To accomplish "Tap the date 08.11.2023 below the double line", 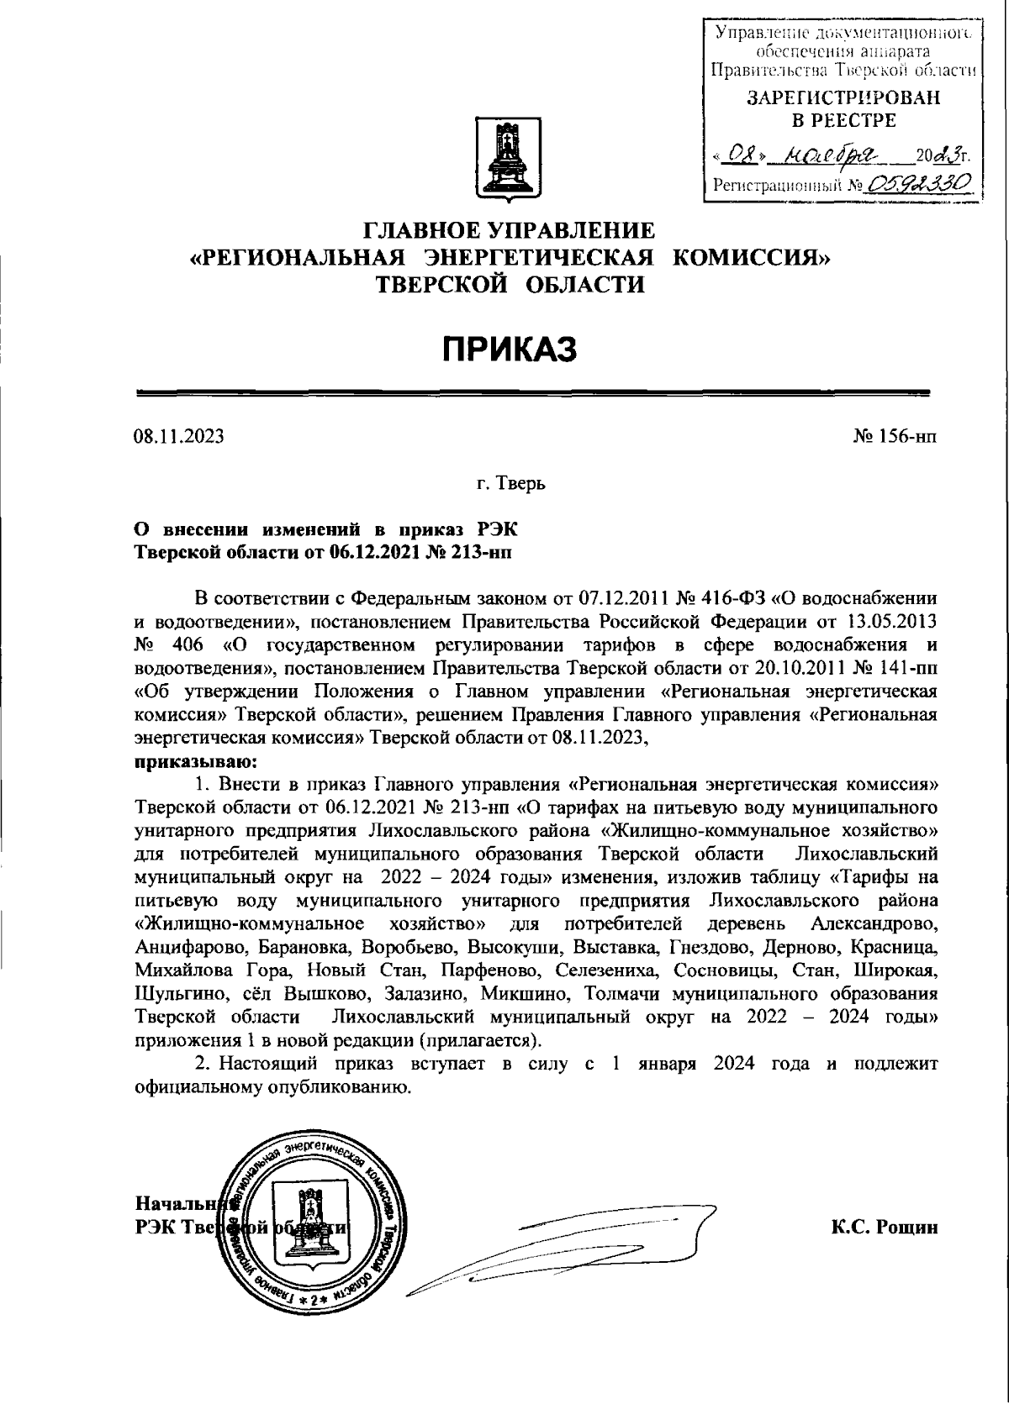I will (x=178, y=437).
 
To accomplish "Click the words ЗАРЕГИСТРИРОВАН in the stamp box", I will (x=843, y=98).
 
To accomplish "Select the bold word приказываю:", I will (x=193, y=763).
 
